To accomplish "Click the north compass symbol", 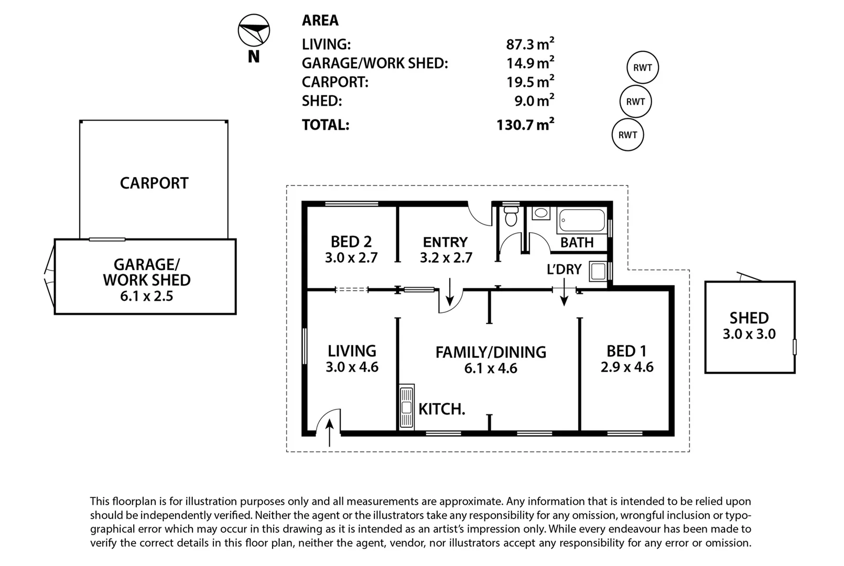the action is tap(254, 30).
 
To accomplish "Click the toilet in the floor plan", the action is tap(511, 216).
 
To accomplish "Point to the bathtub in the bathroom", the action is tap(582, 220).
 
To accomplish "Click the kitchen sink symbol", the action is tap(407, 407).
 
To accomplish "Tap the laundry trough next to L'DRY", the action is tap(598, 271).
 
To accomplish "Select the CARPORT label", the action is tap(154, 183).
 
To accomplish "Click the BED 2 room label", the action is tap(351, 242).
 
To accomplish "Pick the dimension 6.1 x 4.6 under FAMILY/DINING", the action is tap(491, 368).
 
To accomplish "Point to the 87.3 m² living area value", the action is tap(530, 43).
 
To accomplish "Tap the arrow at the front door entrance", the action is tap(330, 433).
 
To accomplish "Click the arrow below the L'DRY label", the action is tap(564, 292).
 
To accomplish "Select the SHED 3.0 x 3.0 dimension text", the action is tap(749, 334).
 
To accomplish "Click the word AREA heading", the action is tap(320, 20).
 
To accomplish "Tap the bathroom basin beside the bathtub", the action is tap(541, 213).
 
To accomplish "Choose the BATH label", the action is tap(577, 243).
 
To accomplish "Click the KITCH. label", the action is tap(441, 409).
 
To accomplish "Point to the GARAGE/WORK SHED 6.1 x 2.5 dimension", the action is tap(147, 296).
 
